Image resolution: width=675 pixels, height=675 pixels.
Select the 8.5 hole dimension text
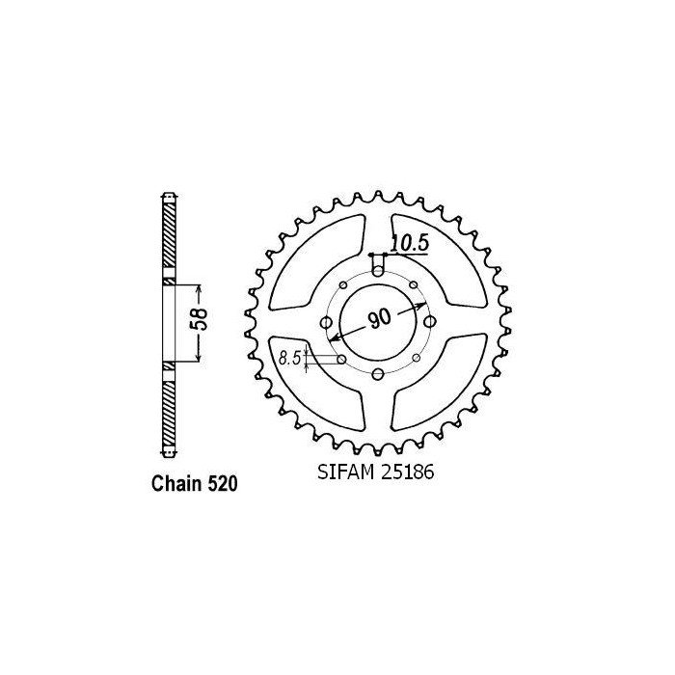click(x=288, y=358)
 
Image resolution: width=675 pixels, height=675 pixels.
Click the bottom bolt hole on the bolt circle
click(x=378, y=373)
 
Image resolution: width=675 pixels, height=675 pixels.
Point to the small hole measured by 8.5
click(x=343, y=359)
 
